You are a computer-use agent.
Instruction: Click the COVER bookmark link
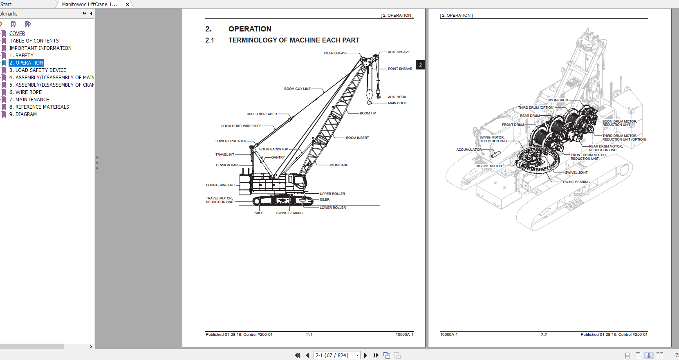[17, 34]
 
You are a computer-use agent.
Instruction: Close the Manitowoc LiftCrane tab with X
[128, 4]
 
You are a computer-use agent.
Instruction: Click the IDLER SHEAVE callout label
[335, 53]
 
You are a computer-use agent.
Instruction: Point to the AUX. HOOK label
[397, 97]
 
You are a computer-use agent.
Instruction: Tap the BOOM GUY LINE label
[297, 89]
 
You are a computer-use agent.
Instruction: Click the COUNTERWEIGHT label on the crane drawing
[220, 185]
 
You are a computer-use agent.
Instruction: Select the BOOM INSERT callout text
[357, 138]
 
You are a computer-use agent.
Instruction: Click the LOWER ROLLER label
[333, 208]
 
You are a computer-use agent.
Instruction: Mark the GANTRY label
[278, 157]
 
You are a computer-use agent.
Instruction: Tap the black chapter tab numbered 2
[420, 65]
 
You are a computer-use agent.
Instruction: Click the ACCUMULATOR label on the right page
[469, 150]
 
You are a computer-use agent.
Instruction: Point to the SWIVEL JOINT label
[576, 172]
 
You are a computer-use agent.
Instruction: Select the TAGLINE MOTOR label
[488, 166]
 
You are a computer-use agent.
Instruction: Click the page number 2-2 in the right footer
[544, 335]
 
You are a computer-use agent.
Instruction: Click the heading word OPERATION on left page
[250, 29]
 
